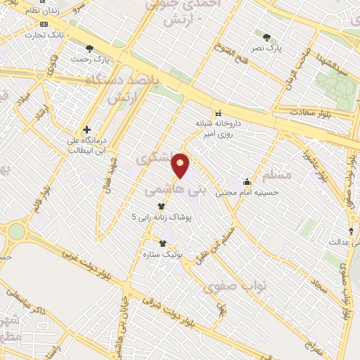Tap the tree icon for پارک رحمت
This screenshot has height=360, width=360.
click(x=89, y=48)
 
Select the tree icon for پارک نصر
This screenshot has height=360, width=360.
click(x=266, y=37)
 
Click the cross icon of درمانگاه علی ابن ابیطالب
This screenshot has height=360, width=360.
click(x=86, y=129)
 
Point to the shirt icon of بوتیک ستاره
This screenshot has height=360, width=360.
click(x=162, y=243)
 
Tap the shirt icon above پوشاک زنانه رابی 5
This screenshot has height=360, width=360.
click(x=162, y=207)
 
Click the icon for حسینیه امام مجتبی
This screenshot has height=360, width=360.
click(x=246, y=181)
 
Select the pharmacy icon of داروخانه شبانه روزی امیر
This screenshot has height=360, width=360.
click(x=218, y=113)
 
